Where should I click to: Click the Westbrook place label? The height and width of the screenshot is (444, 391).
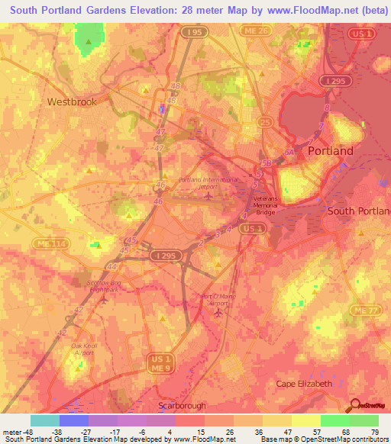point(72,101)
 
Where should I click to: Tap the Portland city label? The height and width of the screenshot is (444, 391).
point(330,151)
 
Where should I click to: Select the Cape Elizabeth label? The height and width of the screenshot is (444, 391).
point(304,383)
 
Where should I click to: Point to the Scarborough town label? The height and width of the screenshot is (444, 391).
point(181,406)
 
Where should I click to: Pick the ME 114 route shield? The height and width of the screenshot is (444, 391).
point(44,243)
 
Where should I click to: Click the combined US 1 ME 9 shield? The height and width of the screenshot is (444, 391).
point(160,363)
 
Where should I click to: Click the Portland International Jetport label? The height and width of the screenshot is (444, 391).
point(208,184)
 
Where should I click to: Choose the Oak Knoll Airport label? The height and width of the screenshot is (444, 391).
point(82,349)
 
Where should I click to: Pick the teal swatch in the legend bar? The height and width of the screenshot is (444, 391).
point(45,420)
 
